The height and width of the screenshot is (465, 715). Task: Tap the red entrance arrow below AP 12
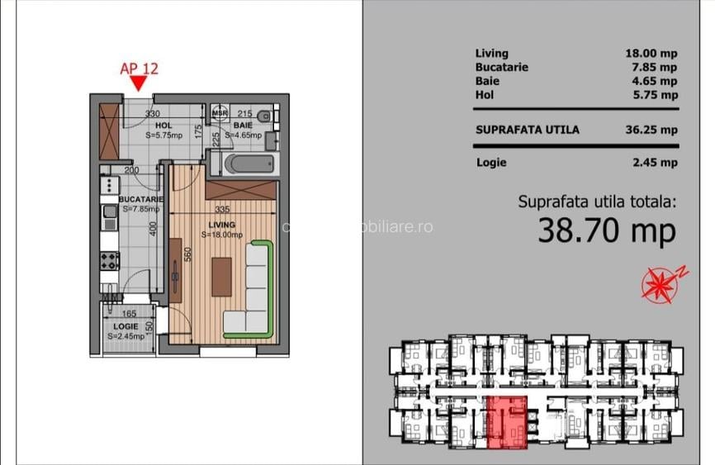[x=139, y=83]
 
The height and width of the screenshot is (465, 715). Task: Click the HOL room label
[x=163, y=126]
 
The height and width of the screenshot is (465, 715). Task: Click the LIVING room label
[x=221, y=225]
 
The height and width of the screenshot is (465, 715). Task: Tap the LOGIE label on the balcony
[x=125, y=327]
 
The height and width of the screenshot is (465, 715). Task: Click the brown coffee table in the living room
[x=220, y=277]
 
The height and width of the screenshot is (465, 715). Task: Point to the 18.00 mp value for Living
[x=651, y=53]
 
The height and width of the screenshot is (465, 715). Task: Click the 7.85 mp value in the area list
[x=651, y=67]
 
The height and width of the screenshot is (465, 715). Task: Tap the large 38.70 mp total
[x=607, y=231]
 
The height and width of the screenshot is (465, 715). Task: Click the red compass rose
[x=660, y=283]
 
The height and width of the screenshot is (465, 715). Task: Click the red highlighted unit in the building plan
[x=505, y=421]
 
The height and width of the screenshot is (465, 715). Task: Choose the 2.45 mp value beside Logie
[x=657, y=163]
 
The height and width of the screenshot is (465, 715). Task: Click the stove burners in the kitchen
[x=110, y=261]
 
